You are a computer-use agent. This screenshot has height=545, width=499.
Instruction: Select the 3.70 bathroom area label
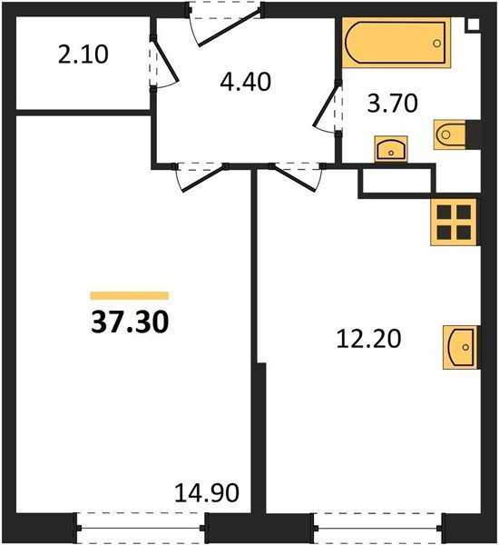pos(392,104)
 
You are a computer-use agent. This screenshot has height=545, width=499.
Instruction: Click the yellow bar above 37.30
pos(129,295)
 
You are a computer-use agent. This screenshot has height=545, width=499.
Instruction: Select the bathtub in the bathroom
pos(396,43)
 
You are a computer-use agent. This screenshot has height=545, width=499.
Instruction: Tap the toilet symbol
pos(452,134)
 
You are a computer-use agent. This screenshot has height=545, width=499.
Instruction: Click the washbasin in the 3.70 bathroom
pos(391,148)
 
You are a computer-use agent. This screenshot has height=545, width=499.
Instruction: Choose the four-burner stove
pos(453,221)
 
